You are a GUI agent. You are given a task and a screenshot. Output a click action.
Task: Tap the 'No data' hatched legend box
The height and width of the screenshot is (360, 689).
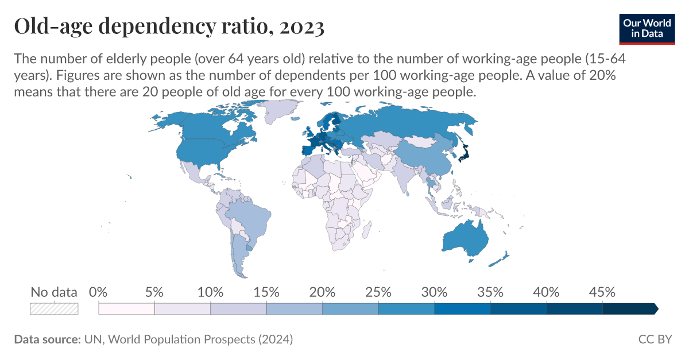point(54,309)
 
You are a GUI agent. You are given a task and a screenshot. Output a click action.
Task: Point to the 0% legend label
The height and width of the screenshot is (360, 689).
point(99,292)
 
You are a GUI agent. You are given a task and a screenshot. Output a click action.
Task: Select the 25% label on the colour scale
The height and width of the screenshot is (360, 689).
point(378,292)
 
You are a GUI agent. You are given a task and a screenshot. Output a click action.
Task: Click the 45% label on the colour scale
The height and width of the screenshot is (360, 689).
point(602,292)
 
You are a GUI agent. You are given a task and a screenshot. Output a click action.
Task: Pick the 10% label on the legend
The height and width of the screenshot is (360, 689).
point(210,292)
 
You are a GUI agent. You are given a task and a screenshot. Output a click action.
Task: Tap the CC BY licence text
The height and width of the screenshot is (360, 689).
point(655,339)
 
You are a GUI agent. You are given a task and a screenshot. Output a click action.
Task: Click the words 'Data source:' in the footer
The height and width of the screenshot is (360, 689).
point(47,339)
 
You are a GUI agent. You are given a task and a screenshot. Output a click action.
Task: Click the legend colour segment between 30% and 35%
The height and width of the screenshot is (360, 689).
point(462,309)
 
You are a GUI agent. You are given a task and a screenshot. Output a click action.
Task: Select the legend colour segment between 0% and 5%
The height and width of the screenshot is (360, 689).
point(126,309)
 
